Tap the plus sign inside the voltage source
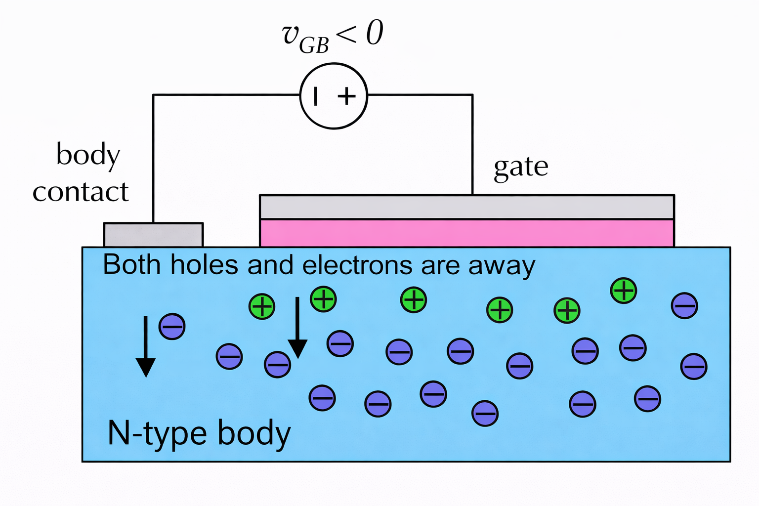pyautogui.click(x=347, y=95)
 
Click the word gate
pyautogui.click(x=521, y=167)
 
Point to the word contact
pyautogui.click(x=81, y=192)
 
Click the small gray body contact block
pyautogui.click(x=153, y=235)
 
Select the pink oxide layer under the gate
pyautogui.click(x=466, y=233)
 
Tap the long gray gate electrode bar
pyautogui.click(x=466, y=207)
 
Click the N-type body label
pyautogui.click(x=199, y=433)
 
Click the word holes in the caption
pyautogui.click(x=205, y=265)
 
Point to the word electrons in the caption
pyautogui.click(x=357, y=265)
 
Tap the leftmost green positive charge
pyautogui.click(x=262, y=306)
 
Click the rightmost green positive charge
pyautogui.click(x=624, y=290)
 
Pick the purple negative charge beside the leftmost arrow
pyautogui.click(x=172, y=326)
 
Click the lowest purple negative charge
pyautogui.click(x=485, y=414)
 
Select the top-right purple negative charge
pyautogui.click(x=684, y=305)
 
